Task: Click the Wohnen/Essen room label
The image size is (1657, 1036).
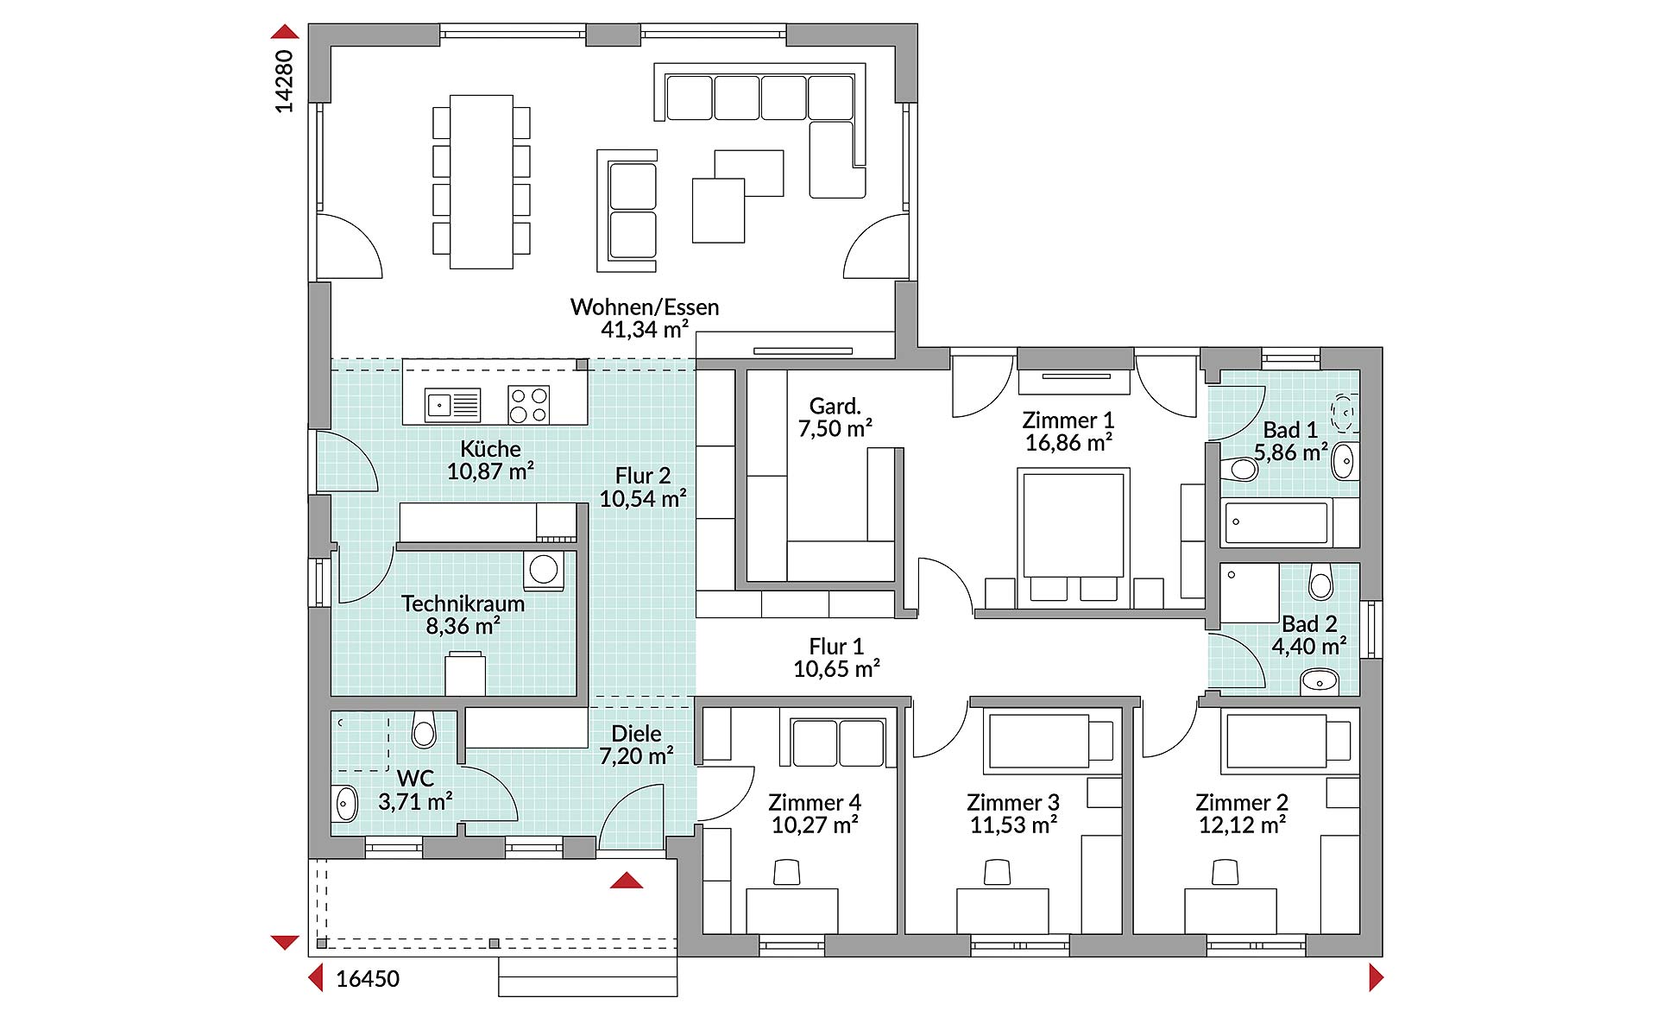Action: click(x=645, y=307)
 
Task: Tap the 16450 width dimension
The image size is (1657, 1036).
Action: click(x=368, y=978)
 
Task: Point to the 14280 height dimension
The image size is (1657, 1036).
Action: click(x=284, y=81)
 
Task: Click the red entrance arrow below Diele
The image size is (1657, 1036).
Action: click(x=627, y=881)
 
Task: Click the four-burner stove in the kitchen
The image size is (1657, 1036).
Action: click(x=528, y=404)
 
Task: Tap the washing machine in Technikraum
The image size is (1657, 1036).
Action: click(x=544, y=570)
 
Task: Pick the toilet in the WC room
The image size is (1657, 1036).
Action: click(x=424, y=729)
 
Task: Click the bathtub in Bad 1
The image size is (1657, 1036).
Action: click(x=1276, y=522)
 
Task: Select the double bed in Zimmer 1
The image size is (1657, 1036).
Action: click(x=1074, y=534)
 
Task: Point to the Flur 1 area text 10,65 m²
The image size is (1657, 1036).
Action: click(x=836, y=668)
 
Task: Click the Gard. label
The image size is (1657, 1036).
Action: click(x=835, y=406)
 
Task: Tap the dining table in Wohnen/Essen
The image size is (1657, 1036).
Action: click(x=481, y=182)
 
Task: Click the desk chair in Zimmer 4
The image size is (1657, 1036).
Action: click(x=787, y=872)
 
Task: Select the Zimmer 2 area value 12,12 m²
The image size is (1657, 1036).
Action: click(x=1242, y=824)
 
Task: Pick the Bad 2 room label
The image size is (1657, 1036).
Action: click(x=1309, y=623)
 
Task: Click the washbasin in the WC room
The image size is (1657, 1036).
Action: click(x=344, y=804)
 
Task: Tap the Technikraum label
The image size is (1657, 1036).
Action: click(x=463, y=603)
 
